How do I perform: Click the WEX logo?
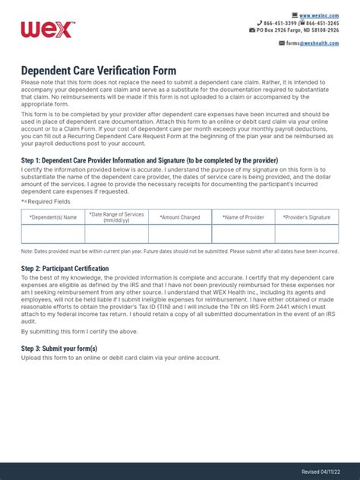(x=47, y=30)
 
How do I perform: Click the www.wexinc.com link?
(x=319, y=15)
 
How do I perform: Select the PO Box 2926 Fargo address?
(x=298, y=30)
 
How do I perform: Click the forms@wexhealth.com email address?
(x=316, y=43)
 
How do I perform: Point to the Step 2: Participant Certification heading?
(x=65, y=269)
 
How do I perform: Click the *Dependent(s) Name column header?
(x=52, y=217)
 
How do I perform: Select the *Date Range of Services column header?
(x=116, y=217)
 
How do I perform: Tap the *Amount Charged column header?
(x=179, y=217)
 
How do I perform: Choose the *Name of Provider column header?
(x=243, y=217)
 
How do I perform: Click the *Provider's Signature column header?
(x=307, y=217)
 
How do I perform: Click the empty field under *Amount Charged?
(x=179, y=234)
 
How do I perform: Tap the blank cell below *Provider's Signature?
(x=307, y=234)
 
